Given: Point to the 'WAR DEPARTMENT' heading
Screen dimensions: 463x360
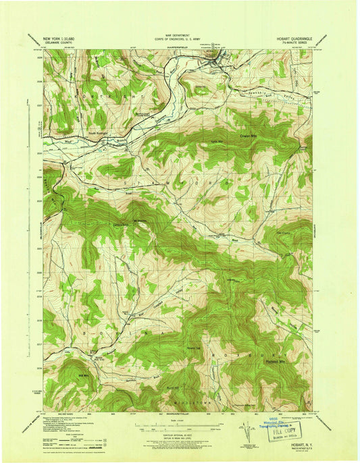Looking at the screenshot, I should tap(180, 37).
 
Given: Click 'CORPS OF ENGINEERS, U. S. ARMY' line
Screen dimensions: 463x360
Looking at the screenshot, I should tap(180, 42).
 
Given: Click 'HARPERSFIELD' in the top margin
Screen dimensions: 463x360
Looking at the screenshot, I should tap(180, 48).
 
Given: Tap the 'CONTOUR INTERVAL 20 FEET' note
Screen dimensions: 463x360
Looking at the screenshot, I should tap(179, 437).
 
